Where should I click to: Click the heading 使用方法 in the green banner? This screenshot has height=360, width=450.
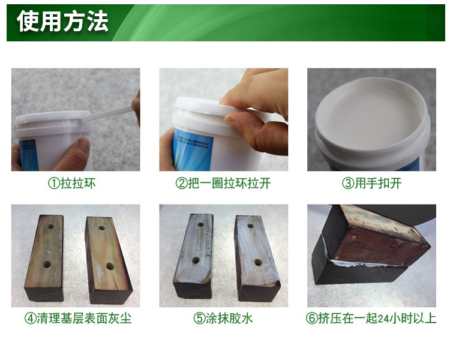pyautogui.click(x=62, y=22)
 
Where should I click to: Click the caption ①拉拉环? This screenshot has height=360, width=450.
pyautogui.click(x=72, y=183)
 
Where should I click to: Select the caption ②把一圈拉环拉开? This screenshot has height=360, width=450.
pyautogui.click(x=223, y=183)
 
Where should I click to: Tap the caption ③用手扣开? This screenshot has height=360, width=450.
pyautogui.click(x=371, y=183)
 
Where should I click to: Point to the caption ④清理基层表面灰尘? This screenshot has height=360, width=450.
pyautogui.click(x=78, y=319)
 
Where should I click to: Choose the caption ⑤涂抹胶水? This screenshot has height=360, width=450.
pyautogui.click(x=223, y=319)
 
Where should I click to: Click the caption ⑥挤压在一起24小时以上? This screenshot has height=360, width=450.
pyautogui.click(x=371, y=319)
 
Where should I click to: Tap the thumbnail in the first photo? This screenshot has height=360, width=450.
pyautogui.click(x=83, y=143)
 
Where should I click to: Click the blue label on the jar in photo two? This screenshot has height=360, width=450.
pyautogui.click(x=194, y=149)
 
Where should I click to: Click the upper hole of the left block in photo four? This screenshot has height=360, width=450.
pyautogui.click(x=51, y=227)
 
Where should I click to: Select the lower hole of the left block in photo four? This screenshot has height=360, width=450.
pyautogui.click(x=47, y=264)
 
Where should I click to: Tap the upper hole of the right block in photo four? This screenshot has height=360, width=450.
pyautogui.click(x=102, y=228)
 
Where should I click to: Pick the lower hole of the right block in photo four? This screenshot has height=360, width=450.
pyautogui.click(x=110, y=266)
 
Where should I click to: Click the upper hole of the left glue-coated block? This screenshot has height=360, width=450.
pyautogui.click(x=200, y=224)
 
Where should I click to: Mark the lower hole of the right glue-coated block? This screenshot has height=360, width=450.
pyautogui.click(x=258, y=262)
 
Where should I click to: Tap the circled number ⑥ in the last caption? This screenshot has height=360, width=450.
pyautogui.click(x=311, y=319)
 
